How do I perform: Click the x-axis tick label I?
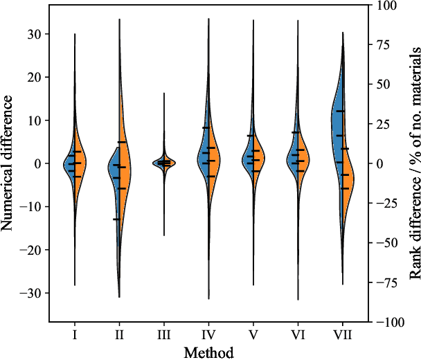click(75, 335)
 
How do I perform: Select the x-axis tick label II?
click(119, 335)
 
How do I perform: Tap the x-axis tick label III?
click(164, 335)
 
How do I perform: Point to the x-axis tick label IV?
click(208, 335)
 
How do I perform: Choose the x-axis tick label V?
click(253, 335)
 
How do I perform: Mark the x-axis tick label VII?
click(343, 335)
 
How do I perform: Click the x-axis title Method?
click(208, 352)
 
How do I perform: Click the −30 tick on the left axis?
click(31, 293)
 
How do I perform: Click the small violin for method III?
click(164, 163)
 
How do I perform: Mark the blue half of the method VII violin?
click(337, 125)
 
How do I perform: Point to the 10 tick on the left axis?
click(34, 120)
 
